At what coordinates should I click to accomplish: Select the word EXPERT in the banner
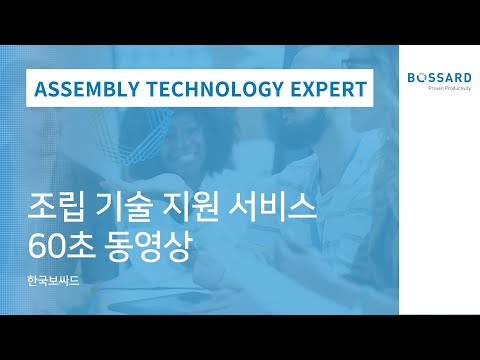pyautogui.click(x=323, y=89)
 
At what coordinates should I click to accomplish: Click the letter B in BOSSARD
pyautogui.click(x=411, y=77)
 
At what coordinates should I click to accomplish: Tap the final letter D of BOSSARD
pyautogui.click(x=466, y=77)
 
